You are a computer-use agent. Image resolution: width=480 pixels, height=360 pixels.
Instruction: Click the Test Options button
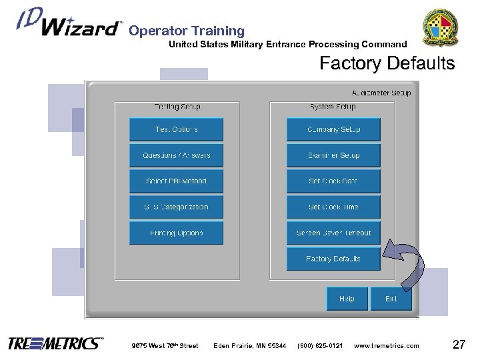(176, 129)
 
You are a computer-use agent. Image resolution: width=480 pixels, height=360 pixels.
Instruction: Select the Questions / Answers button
(176, 155)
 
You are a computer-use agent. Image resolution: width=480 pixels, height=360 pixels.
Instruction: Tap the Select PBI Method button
(176, 181)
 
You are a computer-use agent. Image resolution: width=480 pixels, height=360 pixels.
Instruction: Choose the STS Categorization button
(176, 207)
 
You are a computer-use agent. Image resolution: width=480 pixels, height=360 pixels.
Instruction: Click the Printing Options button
(176, 233)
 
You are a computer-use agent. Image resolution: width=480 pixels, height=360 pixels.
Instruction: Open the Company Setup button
(333, 129)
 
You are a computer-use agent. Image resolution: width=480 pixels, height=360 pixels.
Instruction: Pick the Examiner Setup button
(333, 155)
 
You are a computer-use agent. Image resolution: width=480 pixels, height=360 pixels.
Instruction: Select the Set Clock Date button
(333, 181)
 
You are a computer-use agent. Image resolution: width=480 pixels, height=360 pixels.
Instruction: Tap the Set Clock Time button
(333, 207)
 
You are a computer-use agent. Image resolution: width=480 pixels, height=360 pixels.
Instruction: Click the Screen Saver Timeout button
(333, 233)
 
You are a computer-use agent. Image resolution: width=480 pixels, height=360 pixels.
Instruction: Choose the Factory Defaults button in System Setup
(333, 259)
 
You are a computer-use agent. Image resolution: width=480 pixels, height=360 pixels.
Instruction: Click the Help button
(347, 299)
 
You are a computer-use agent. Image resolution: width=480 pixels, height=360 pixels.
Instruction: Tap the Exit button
(391, 299)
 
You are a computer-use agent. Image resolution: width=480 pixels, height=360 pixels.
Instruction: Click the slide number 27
(458, 344)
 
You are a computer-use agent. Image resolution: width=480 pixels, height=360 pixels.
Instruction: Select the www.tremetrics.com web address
(387, 345)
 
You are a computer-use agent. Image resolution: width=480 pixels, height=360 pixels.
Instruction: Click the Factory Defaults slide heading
(387, 64)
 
